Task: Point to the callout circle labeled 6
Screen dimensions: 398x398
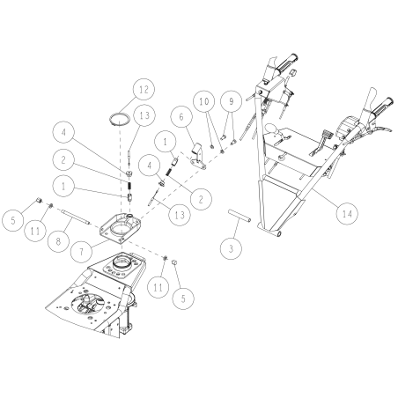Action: tap(181, 116)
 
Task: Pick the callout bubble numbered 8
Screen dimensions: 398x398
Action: tap(60, 237)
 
